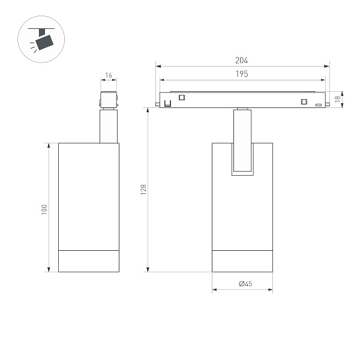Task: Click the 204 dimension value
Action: tap(242, 61)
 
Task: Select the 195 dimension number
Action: tap(242, 73)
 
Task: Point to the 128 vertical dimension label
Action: tap(143, 189)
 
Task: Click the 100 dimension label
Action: tap(44, 209)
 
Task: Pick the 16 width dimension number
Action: tap(109, 76)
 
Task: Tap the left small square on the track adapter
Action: tap(182, 98)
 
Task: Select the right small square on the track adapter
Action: tap(304, 100)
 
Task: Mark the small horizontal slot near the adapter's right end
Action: tap(318, 105)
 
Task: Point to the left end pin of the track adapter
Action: tap(157, 106)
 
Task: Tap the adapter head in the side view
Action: tap(109, 100)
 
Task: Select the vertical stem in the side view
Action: tap(109, 126)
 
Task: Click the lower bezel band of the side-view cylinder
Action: tap(88, 260)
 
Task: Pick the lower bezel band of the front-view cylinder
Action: tap(242, 260)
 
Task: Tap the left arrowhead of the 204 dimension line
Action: tap(157, 65)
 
